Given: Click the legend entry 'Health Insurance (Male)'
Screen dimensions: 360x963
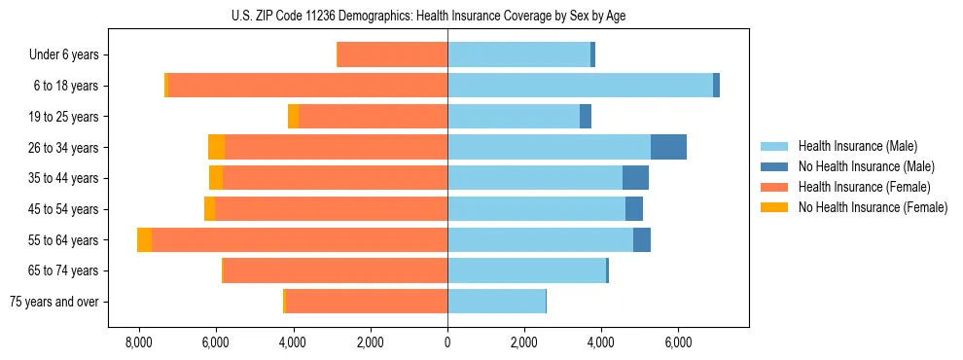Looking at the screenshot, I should pyautogui.click(x=856, y=147).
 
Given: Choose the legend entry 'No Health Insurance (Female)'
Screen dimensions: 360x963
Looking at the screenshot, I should pyautogui.click(x=873, y=207).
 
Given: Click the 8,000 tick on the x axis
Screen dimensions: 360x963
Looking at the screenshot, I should pyautogui.click(x=138, y=342).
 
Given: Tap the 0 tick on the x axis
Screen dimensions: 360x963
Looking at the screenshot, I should pyautogui.click(x=447, y=342).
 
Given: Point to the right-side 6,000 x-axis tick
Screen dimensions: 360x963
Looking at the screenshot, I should pyautogui.click(x=678, y=342).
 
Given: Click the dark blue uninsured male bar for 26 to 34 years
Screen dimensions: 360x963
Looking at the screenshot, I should pyautogui.click(x=668, y=147).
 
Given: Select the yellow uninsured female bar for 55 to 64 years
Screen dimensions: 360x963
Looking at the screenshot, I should pyautogui.click(x=144, y=240).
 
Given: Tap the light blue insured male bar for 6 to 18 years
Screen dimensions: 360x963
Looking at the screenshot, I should pyautogui.click(x=580, y=86).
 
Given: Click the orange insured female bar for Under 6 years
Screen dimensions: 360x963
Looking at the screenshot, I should pyautogui.click(x=392, y=55).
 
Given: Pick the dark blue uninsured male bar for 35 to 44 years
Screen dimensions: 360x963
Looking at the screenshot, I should pyautogui.click(x=635, y=178).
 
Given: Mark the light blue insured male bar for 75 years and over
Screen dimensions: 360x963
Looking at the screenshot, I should pyautogui.click(x=496, y=302).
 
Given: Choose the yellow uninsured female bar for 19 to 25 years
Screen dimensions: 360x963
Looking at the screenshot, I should pyautogui.click(x=294, y=117).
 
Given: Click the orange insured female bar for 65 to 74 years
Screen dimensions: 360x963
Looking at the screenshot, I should pyautogui.click(x=336, y=270).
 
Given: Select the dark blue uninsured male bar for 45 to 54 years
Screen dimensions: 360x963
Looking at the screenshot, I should pyautogui.click(x=633, y=209).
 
